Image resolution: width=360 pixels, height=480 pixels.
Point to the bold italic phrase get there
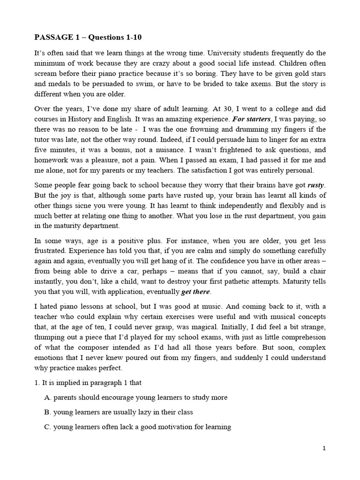coord(196,292)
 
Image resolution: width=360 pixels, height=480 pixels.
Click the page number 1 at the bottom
coord(324,448)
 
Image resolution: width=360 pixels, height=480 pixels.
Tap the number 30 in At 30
coord(195,109)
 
